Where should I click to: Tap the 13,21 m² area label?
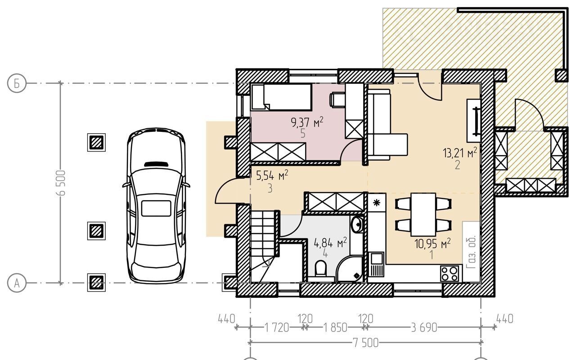click(x=460, y=152)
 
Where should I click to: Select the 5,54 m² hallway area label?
click(x=272, y=175)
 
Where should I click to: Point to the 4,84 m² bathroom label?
click(x=330, y=242)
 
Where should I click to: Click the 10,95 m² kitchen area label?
click(x=432, y=243)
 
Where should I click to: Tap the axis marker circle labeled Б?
click(x=17, y=83)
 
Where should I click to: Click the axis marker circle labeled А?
click(x=17, y=283)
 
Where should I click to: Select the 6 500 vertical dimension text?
click(x=61, y=183)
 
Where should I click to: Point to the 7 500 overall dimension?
click(x=365, y=343)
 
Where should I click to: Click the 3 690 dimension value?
click(x=424, y=328)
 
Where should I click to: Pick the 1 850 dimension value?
click(x=335, y=328)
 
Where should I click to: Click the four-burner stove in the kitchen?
click(x=449, y=274)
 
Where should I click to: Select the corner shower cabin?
click(x=349, y=269)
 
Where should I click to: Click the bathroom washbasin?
click(x=357, y=225)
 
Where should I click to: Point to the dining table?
click(x=423, y=215)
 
